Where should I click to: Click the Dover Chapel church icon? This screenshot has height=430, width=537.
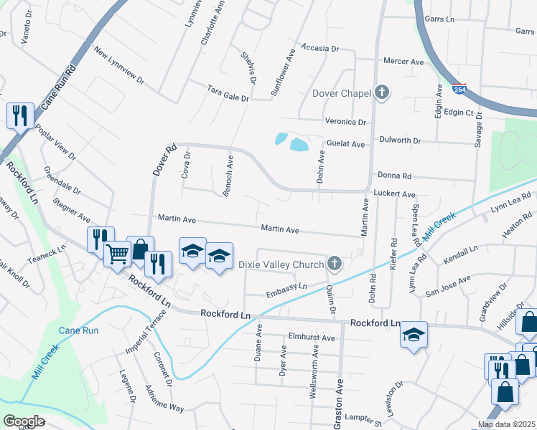(382, 92)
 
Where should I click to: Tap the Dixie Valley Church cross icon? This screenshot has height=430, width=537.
(334, 264)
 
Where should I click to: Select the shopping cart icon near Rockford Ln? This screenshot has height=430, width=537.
(117, 253)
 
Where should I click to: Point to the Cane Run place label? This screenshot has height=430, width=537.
(78, 330)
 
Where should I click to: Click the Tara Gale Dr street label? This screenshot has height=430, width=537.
(227, 93)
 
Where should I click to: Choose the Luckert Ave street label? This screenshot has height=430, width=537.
(395, 194)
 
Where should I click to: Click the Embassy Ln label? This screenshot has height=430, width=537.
(286, 289)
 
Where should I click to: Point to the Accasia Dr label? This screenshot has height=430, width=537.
(319, 48)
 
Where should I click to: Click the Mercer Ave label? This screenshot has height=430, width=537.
(403, 62)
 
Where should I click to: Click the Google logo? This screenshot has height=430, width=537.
(24, 421)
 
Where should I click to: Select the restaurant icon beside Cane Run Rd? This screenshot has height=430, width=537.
(19, 115)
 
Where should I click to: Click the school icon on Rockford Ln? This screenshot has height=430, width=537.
(414, 335)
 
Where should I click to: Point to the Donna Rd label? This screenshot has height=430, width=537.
(394, 176)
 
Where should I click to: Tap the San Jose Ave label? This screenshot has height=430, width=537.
(447, 285)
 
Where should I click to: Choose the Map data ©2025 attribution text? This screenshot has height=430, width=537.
(505, 424)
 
